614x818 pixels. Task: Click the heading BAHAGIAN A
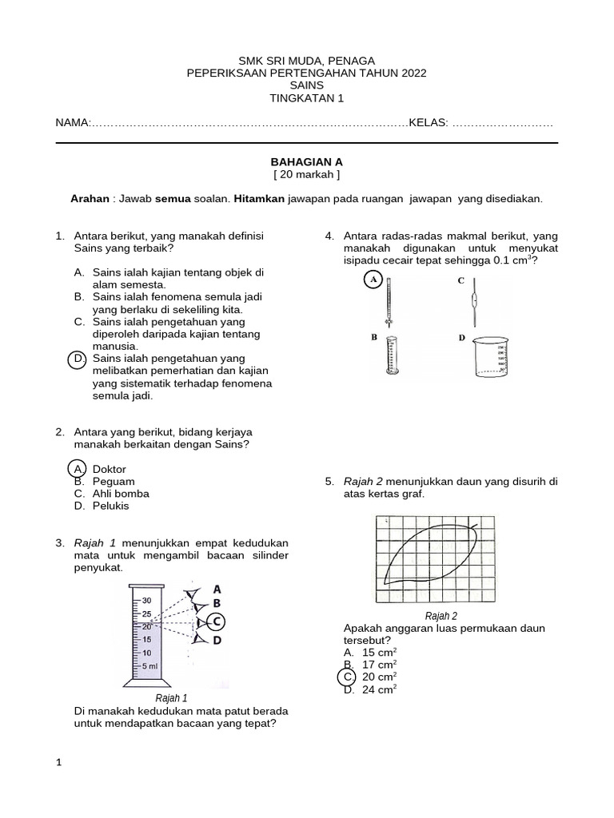tap(306, 161)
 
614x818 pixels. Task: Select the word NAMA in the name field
tap(70, 124)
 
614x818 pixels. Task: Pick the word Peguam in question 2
tap(114, 482)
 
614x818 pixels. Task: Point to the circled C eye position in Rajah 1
tap(216, 621)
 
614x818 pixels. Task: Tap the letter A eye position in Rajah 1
tap(217, 589)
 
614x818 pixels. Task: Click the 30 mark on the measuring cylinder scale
tap(146, 599)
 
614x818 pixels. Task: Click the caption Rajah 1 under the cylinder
tap(171, 697)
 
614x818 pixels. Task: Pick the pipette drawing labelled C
tap(476, 301)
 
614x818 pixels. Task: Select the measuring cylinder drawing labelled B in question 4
tap(391, 355)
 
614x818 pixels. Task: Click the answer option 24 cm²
tap(380, 689)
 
